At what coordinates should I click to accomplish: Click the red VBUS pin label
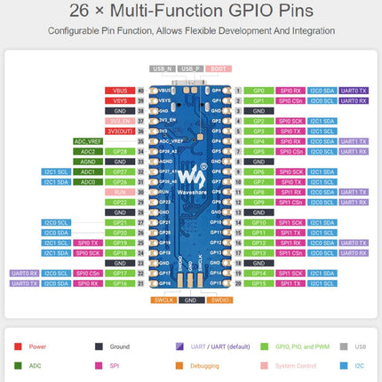coord(118,91)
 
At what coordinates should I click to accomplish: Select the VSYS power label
coord(118,100)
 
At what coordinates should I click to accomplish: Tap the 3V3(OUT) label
coord(118,131)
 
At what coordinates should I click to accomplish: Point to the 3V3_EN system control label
coord(118,121)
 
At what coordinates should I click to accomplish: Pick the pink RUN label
coord(118,191)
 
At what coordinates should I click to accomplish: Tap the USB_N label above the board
coord(163,68)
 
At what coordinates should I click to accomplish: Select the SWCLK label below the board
coord(162,300)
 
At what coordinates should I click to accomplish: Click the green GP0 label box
coord(259,91)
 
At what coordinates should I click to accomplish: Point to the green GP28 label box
coord(118,151)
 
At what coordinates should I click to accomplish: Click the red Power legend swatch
coord(18,347)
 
